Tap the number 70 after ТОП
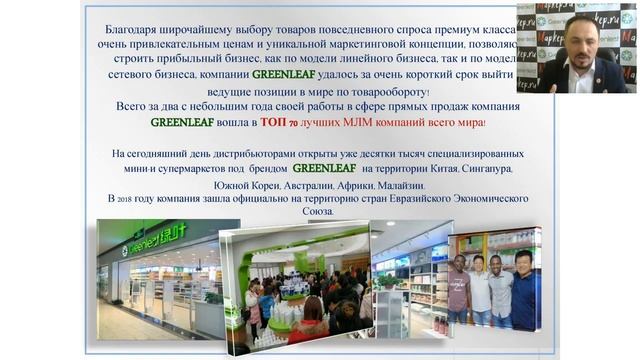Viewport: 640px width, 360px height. pos(295,123)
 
